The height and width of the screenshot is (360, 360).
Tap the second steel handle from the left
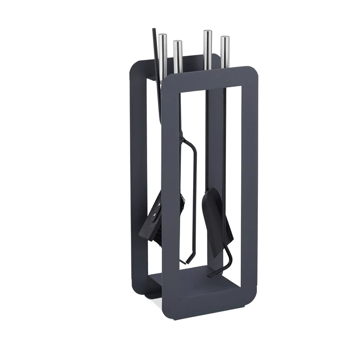pos(177,54)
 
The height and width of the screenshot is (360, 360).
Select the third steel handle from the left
pos(207,47)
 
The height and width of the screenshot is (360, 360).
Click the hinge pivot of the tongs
pos(180,135)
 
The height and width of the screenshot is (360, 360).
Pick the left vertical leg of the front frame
pos(169,189)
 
